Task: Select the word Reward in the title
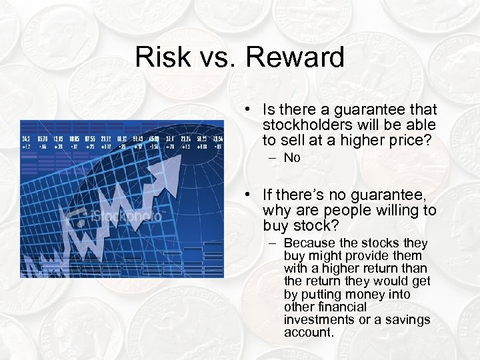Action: pyautogui.click(x=295, y=57)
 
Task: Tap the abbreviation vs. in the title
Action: pyautogui.click(x=217, y=57)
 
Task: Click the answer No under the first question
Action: pyautogui.click(x=292, y=158)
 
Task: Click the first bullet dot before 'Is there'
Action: pyautogui.click(x=247, y=110)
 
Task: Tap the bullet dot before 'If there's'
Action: pyautogui.click(x=247, y=195)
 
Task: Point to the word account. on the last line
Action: pyautogui.click(x=309, y=332)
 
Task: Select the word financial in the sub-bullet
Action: pyautogui.click(x=342, y=307)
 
